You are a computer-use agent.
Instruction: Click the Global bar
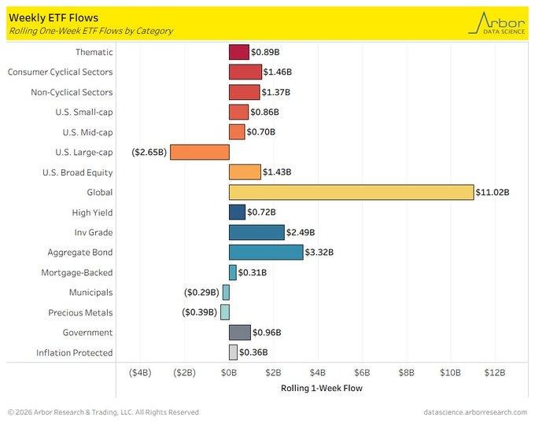[351, 192]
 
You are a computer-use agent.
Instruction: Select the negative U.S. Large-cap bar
[200, 152]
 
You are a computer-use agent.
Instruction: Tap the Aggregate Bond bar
[266, 253]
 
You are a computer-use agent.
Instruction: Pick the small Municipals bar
[226, 292]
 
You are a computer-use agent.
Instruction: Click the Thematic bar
[239, 52]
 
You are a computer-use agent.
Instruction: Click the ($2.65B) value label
[149, 152]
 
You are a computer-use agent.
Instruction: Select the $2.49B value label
[301, 232]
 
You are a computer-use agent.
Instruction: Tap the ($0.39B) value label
[201, 312]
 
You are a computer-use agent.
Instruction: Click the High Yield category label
[92, 212]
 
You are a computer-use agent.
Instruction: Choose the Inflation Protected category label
[76, 352]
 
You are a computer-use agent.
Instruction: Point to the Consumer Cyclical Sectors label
[60, 72]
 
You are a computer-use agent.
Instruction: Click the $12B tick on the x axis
[494, 372]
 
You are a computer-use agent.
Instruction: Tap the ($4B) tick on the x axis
[140, 372]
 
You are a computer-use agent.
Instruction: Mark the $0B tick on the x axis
[229, 372]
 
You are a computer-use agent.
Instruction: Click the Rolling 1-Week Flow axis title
[317, 387]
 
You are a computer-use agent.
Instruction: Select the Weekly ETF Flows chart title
[48, 17]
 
